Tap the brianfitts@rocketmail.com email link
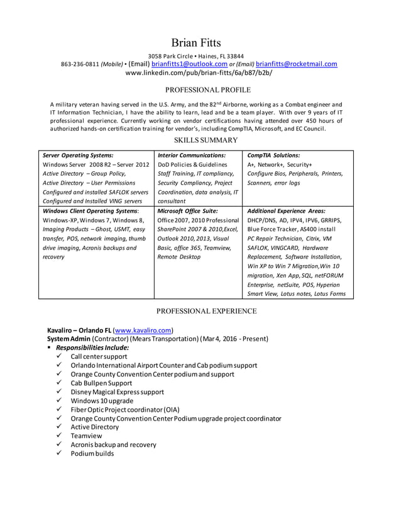coord(296,64)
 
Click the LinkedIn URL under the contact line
coord(199,73)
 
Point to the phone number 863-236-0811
coord(79,64)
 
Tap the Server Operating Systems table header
coord(78,155)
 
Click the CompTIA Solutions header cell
coord(273,155)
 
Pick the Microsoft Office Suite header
coord(187,211)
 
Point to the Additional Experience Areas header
coord(286,211)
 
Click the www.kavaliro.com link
coord(143,330)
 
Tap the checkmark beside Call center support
coord(58,356)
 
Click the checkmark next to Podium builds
coord(58,453)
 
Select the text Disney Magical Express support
coord(117,392)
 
